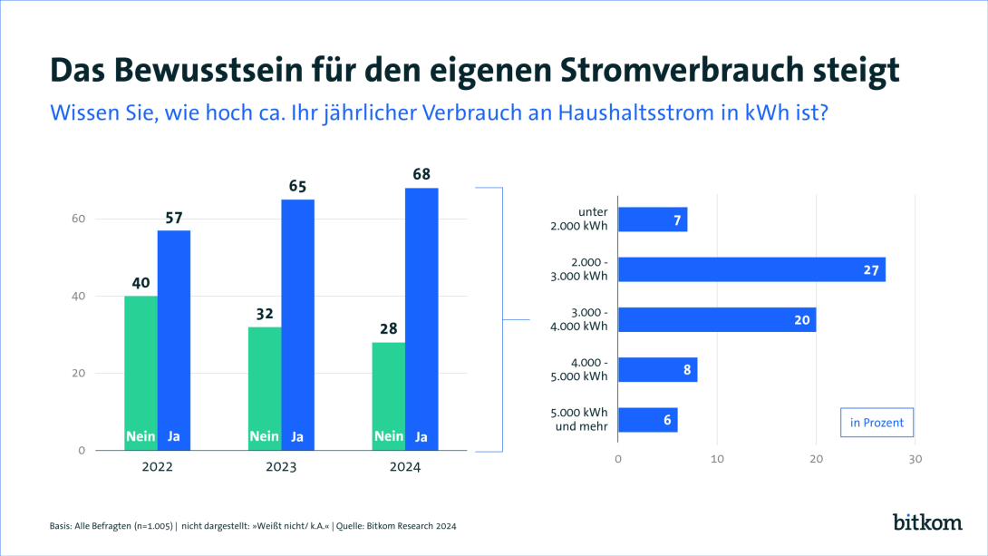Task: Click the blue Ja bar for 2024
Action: click(421, 317)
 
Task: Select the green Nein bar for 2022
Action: click(140, 372)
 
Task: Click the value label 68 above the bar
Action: click(421, 174)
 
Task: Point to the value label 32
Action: click(265, 313)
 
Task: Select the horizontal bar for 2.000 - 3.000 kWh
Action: click(751, 269)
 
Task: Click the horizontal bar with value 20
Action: click(716, 319)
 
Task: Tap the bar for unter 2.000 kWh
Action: click(653, 219)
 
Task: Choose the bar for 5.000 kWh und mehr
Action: click(647, 420)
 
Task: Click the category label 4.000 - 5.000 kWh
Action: click(579, 370)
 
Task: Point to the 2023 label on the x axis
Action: click(281, 468)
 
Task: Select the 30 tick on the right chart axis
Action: click(915, 460)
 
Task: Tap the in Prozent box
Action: click(877, 423)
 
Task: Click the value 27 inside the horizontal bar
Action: click(872, 269)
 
